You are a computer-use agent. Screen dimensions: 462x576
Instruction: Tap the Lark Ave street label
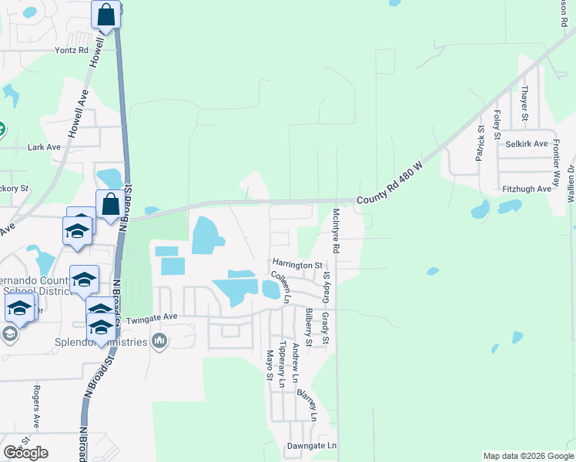point(44,147)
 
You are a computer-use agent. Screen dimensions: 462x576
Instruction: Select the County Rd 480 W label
point(391,184)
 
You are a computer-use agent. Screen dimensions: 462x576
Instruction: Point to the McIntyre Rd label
point(336,233)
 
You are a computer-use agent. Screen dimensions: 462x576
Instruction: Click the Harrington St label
point(296,265)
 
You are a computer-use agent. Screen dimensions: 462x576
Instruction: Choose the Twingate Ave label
point(150,316)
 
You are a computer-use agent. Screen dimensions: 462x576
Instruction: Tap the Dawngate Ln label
point(312,446)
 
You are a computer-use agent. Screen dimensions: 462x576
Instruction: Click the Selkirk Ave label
point(527,144)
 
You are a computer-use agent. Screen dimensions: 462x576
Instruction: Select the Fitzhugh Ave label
point(527,189)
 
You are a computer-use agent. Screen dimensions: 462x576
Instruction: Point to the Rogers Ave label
point(35,407)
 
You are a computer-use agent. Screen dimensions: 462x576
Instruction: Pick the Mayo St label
point(270,365)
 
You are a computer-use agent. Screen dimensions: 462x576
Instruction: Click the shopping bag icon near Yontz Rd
point(106,14)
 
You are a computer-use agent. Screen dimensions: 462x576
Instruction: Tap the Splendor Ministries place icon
point(159,340)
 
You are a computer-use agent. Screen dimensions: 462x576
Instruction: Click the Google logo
point(25,452)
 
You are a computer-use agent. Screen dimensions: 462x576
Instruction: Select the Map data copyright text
point(528,456)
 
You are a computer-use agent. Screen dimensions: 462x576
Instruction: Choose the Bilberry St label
point(308,326)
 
